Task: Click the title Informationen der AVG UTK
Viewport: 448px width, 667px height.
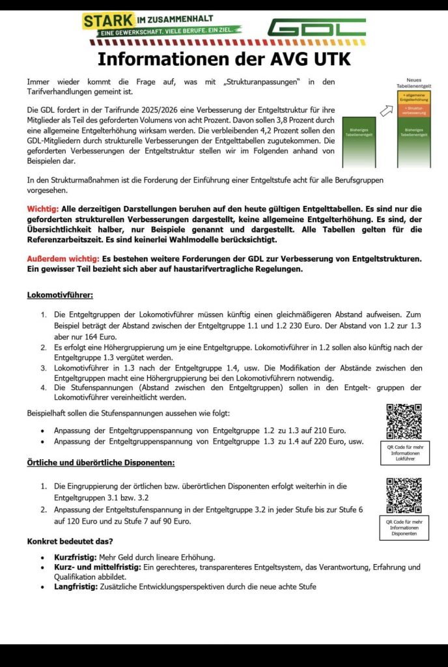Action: click(224, 59)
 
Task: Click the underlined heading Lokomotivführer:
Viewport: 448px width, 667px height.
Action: click(60, 294)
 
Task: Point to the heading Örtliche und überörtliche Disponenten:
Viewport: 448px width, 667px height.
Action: click(100, 462)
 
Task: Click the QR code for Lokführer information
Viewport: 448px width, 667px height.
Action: click(404, 421)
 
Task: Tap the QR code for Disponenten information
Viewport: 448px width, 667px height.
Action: click(404, 496)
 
